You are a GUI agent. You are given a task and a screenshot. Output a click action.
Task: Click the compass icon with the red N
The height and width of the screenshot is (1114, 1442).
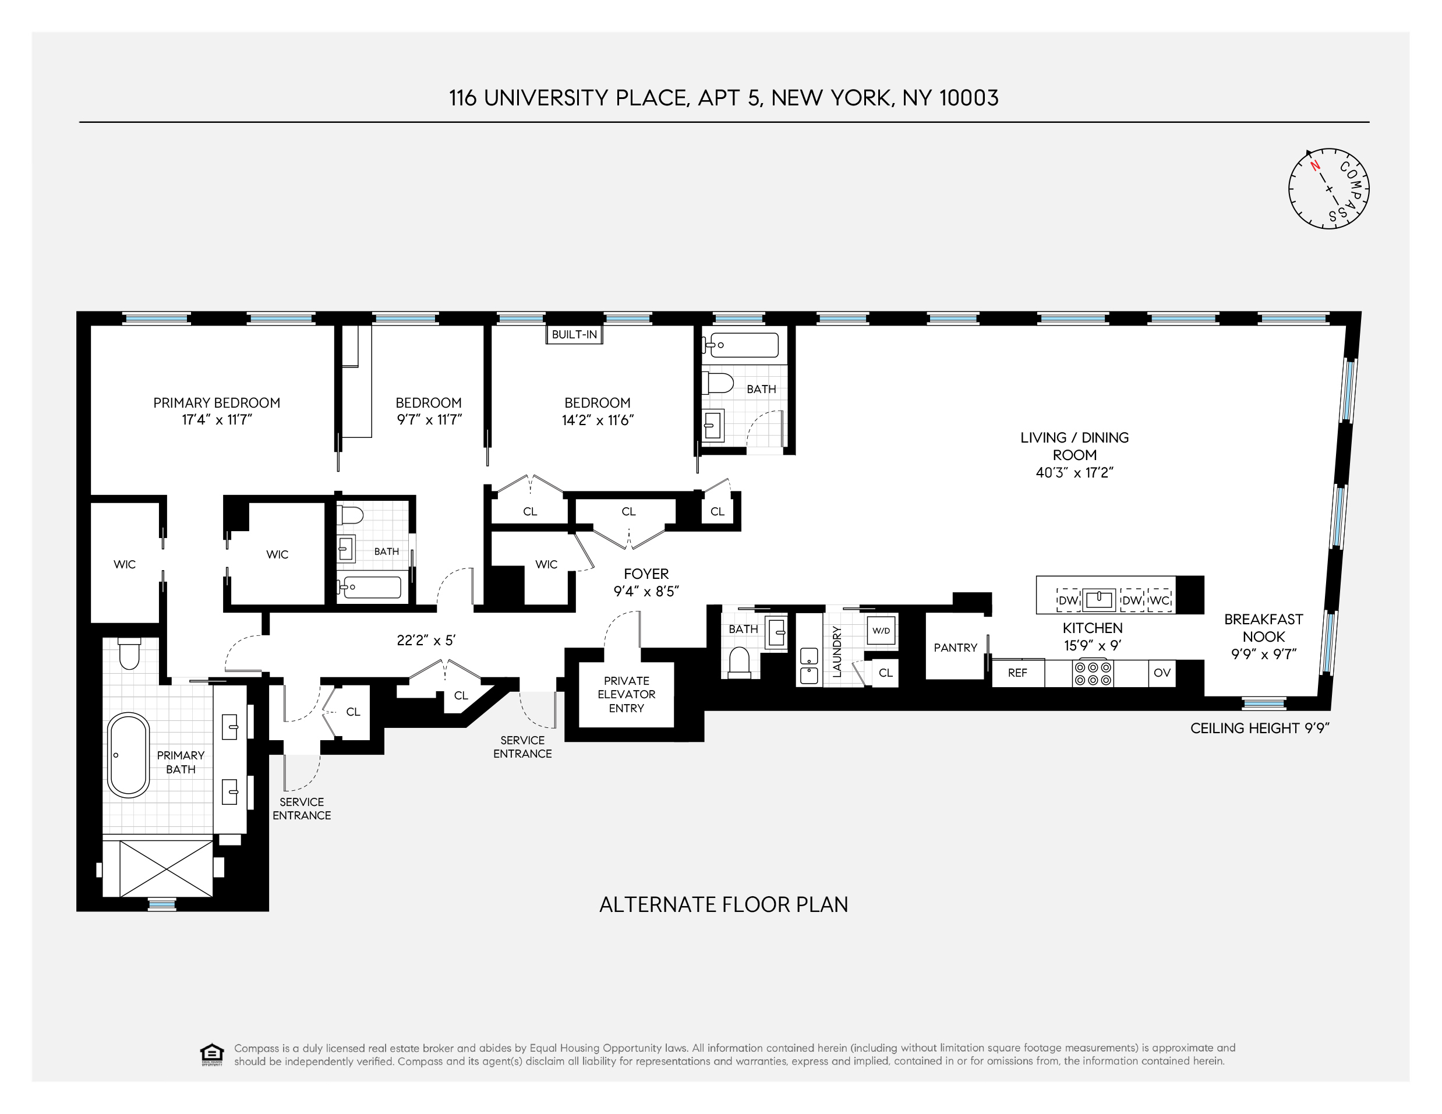point(1328,189)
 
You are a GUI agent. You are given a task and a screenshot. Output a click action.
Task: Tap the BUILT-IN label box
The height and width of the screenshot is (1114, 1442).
point(574,334)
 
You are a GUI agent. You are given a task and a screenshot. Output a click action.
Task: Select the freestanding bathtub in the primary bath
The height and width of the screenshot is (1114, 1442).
point(128,754)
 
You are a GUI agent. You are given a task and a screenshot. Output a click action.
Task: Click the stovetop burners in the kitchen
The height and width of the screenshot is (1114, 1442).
point(1093,673)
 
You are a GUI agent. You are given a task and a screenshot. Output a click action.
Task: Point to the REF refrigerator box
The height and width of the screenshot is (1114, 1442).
point(1017,673)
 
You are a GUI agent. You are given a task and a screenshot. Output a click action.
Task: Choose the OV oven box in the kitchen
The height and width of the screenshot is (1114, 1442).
point(1162,673)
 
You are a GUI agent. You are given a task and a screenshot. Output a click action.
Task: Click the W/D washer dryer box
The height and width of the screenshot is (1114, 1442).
point(881,631)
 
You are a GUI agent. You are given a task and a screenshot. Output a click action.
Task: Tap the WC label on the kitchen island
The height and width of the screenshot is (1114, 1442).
point(1160,600)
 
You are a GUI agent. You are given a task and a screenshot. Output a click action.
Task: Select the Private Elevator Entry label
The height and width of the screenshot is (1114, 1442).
point(627,694)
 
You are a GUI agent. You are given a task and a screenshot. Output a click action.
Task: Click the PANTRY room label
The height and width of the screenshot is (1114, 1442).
point(955,648)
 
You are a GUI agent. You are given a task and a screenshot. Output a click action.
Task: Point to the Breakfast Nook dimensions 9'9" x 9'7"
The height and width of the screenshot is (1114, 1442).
point(1264,655)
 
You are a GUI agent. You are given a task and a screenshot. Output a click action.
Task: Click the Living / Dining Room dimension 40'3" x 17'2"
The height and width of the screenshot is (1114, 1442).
point(1075,473)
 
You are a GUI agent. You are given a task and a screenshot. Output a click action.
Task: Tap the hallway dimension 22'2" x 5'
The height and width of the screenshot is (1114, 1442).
point(426,640)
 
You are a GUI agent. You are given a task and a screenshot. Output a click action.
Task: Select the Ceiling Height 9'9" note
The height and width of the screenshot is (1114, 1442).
point(1259,728)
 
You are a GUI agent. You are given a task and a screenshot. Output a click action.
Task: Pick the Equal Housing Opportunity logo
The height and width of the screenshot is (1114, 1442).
point(211,1055)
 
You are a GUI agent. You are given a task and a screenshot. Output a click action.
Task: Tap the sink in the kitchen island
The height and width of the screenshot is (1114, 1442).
point(1100,599)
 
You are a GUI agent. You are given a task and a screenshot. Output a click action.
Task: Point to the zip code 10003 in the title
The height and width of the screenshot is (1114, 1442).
point(969,98)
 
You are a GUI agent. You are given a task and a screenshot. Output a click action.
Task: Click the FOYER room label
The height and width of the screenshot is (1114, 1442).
point(646,574)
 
